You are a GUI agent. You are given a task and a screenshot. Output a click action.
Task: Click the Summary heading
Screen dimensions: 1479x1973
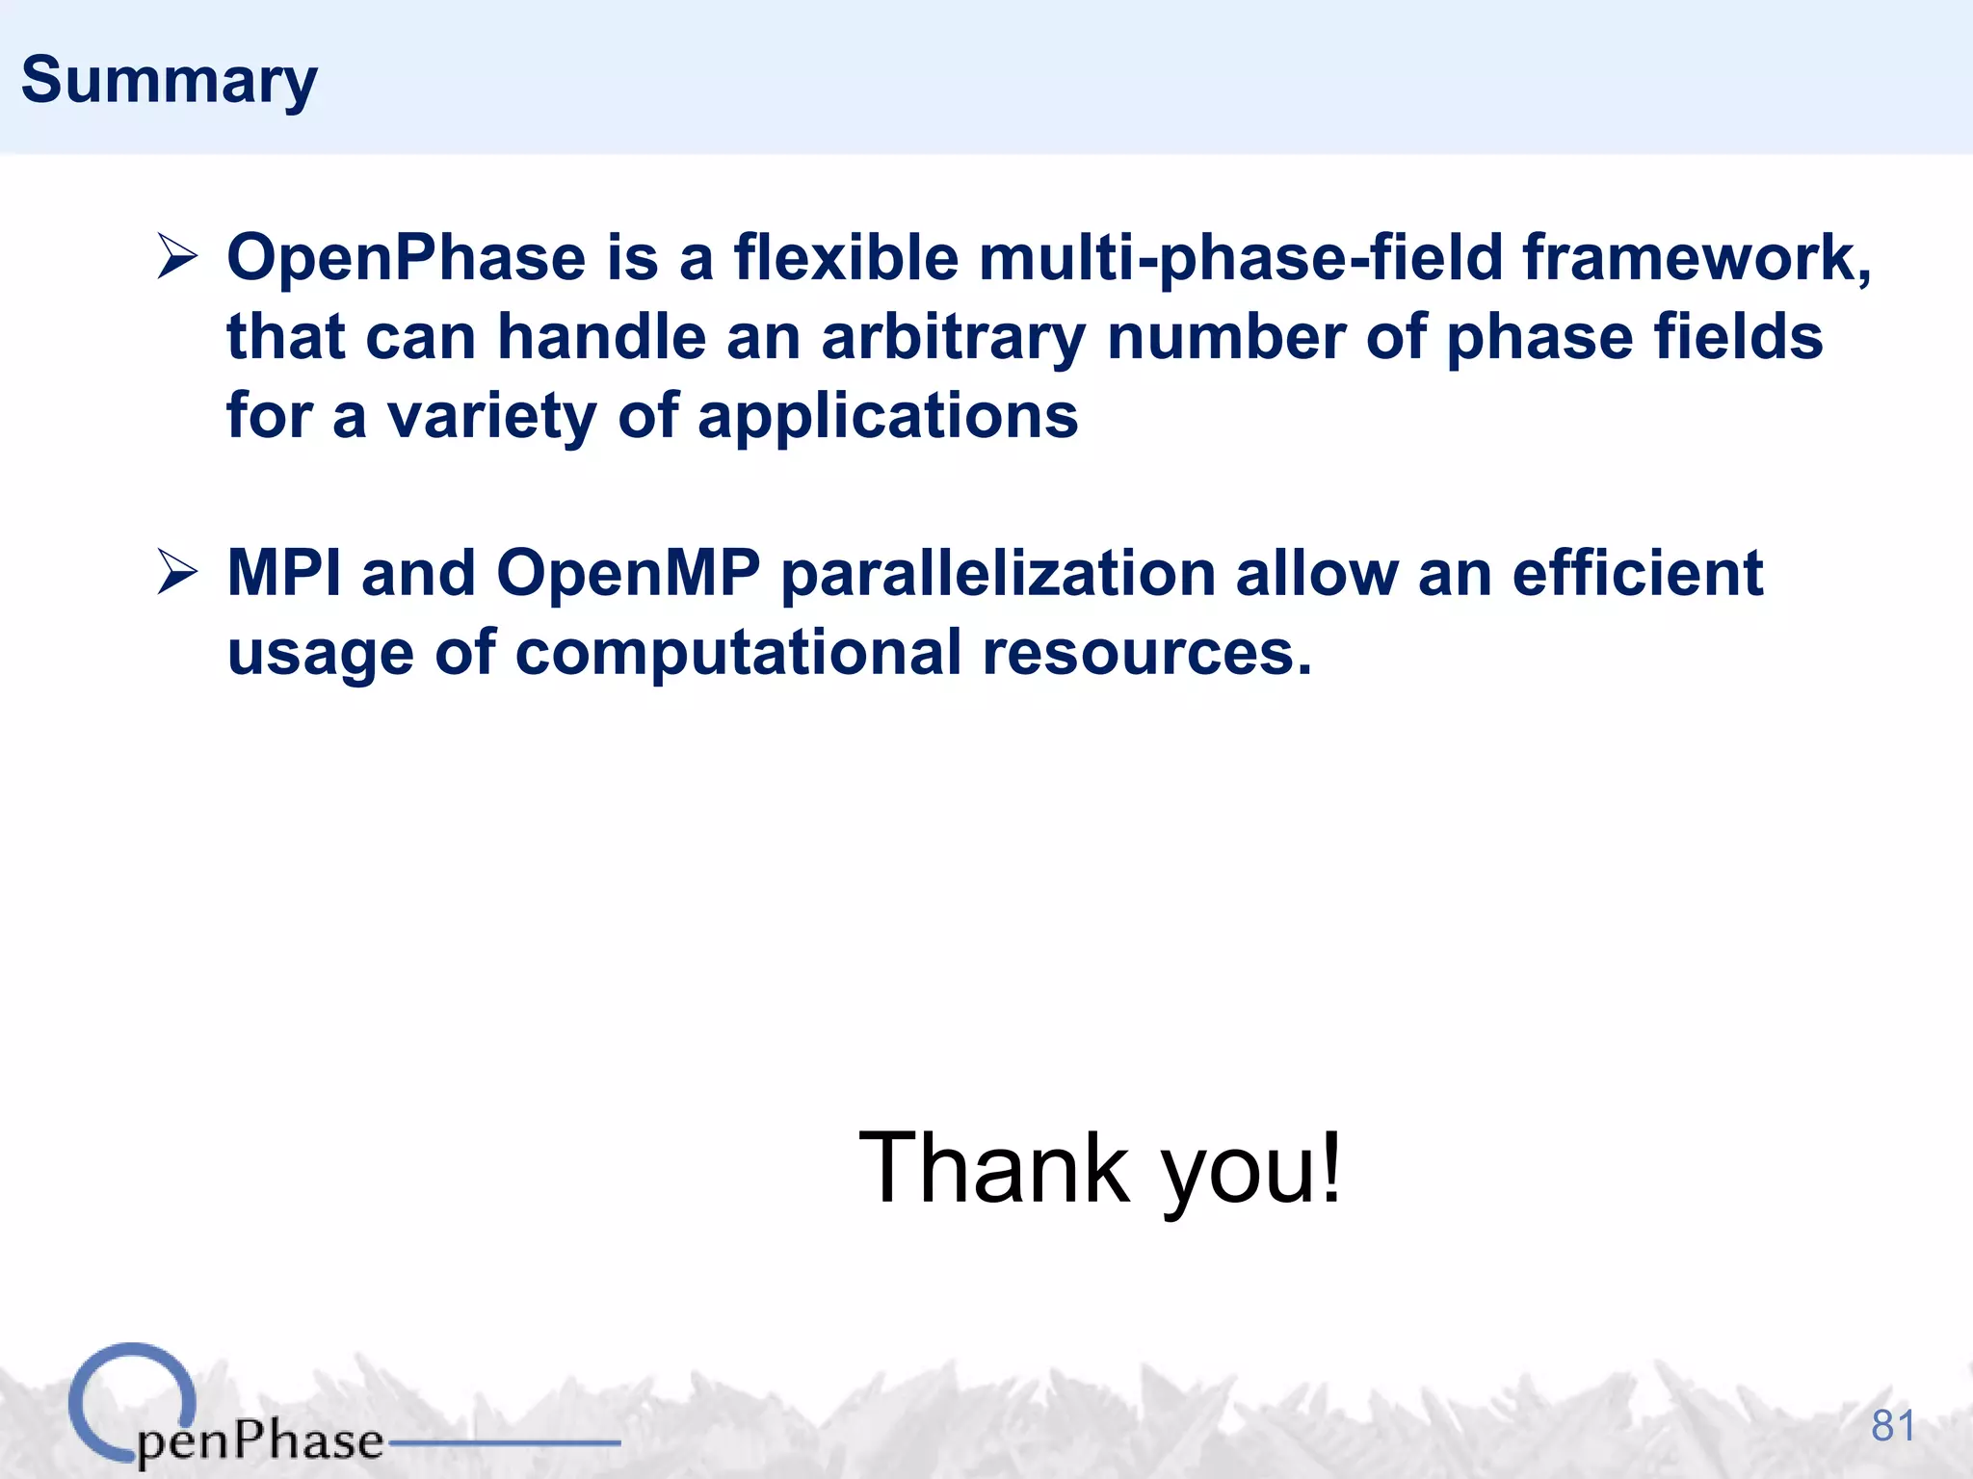169,81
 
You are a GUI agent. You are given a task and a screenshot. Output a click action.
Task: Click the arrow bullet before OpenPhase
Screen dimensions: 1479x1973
177,258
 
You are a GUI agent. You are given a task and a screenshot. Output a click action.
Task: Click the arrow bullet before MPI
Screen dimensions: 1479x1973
177,573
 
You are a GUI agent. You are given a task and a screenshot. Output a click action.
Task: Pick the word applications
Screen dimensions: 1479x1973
887,416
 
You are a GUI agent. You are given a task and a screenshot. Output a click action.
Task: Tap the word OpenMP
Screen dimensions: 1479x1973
628,573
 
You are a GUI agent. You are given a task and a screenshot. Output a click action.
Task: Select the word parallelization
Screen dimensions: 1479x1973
998,573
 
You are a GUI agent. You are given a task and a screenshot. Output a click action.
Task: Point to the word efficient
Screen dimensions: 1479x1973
1637,573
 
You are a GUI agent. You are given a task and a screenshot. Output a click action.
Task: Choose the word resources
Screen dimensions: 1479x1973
1146,652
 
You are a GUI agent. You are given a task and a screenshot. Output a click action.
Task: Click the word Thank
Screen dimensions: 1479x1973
994,1168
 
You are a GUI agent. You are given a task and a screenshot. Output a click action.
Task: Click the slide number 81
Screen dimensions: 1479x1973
1892,1426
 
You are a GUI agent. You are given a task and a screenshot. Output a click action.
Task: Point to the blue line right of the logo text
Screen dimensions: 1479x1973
503,1442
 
